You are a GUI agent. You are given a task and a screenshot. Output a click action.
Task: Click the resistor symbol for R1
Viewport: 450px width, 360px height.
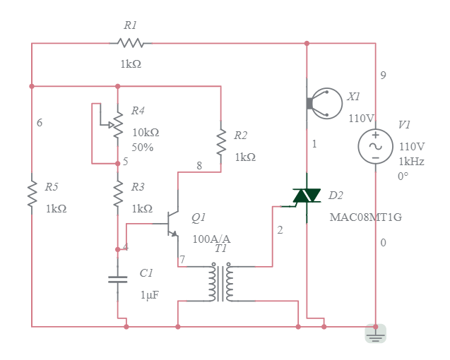point(131,43)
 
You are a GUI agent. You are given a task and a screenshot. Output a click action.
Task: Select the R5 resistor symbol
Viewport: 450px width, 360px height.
point(32,193)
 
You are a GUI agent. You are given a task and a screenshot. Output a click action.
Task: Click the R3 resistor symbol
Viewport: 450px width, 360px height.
point(118,193)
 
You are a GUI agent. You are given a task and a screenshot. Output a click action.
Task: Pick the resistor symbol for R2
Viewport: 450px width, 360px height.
point(221,143)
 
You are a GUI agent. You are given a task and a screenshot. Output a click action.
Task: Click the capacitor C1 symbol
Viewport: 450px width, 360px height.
point(118,279)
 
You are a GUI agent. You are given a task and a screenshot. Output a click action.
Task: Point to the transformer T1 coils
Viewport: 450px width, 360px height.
point(221,283)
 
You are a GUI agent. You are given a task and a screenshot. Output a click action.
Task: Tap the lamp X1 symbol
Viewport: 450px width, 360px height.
point(325,103)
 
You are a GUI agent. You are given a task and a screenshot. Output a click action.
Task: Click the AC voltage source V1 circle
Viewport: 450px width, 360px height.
point(376,145)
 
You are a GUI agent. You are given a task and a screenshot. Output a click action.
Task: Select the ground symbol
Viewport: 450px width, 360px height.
point(376,334)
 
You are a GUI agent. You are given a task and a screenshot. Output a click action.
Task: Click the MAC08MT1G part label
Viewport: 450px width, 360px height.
point(365,217)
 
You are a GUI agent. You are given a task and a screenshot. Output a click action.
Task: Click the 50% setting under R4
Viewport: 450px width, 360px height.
point(142,148)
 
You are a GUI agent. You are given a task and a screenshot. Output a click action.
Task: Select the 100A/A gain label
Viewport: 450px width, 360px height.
point(211,239)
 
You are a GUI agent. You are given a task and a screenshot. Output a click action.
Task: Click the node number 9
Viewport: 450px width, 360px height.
point(383,76)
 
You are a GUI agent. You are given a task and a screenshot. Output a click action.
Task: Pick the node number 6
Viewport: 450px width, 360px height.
point(40,123)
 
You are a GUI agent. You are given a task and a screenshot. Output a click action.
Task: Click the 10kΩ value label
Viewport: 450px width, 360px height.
point(146,133)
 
